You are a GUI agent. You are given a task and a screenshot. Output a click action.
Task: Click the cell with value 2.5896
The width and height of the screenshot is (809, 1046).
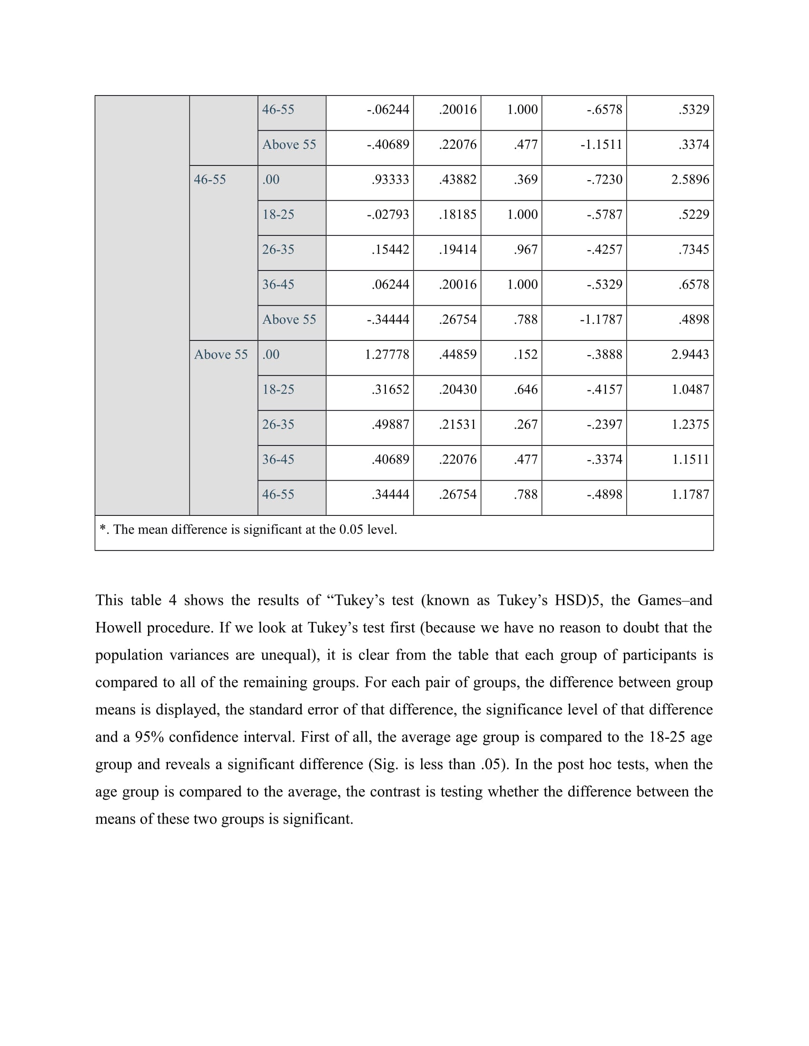click(690, 180)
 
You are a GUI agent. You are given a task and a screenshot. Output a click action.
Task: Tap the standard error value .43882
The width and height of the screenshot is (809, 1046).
click(457, 180)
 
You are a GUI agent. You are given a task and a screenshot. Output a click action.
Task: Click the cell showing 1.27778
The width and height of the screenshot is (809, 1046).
click(387, 354)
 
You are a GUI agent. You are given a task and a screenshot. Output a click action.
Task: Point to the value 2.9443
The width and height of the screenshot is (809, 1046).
click(690, 354)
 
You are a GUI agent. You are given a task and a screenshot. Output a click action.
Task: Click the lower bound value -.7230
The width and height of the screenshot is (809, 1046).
click(604, 180)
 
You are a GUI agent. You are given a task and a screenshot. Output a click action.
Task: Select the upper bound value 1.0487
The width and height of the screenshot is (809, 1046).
click(690, 389)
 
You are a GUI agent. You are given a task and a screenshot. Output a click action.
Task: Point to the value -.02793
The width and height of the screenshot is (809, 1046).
click(388, 214)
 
